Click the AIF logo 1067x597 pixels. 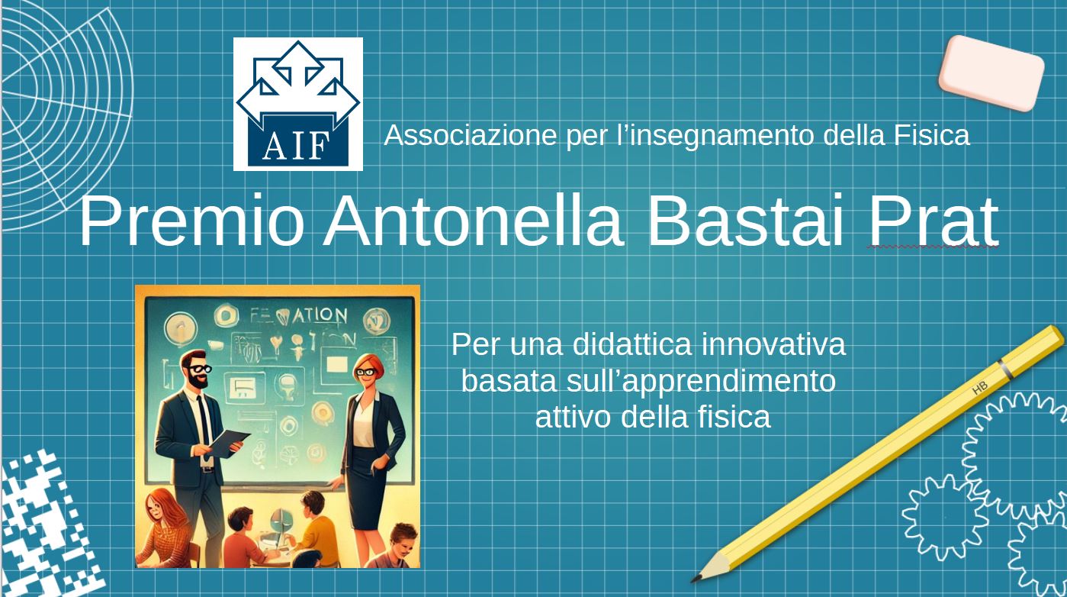coord(298,104)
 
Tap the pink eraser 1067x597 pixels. coord(991,73)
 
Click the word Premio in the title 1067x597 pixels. coord(191,221)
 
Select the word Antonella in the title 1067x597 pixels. coord(474,221)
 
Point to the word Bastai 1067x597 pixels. coord(747,221)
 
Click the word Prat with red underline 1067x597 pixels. coord(934,221)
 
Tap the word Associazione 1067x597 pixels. coord(471,135)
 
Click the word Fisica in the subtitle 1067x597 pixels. coord(931,135)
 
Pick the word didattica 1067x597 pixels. coord(632,344)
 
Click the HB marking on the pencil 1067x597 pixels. coord(980,388)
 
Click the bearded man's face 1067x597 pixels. coord(197,372)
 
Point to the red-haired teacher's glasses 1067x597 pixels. coord(365,372)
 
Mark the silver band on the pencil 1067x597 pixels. coord(1006,369)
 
